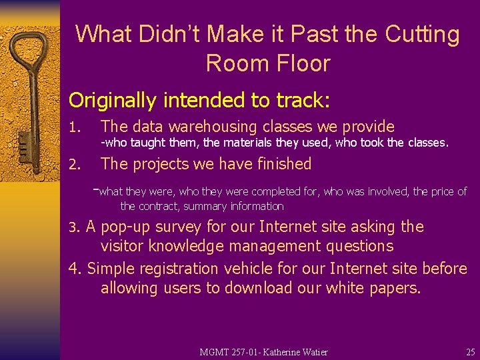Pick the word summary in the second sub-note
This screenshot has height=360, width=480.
[205, 207]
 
